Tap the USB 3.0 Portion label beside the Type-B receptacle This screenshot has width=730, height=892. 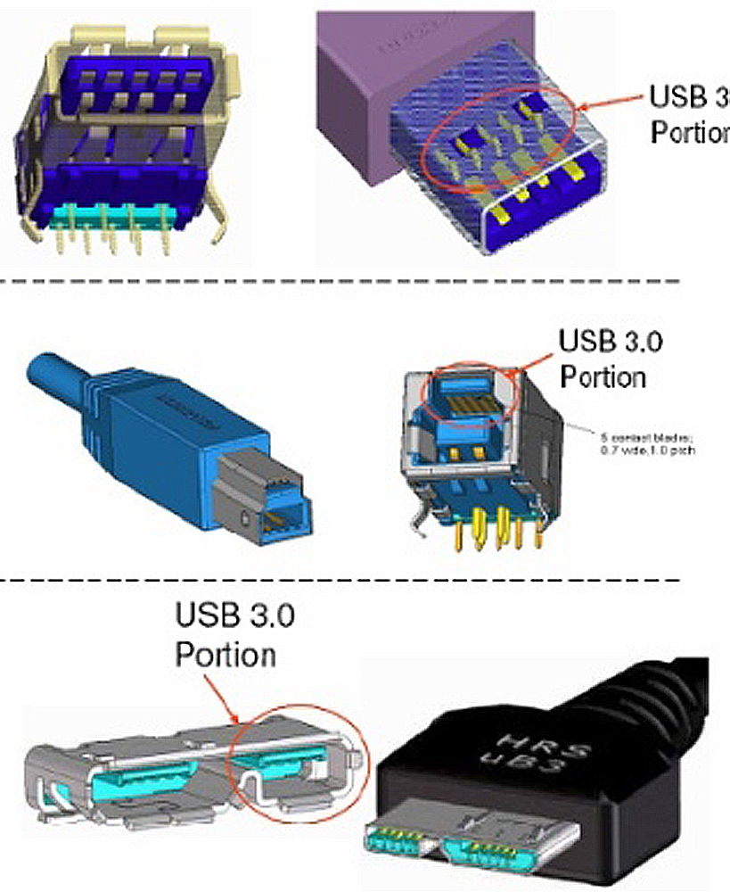[x=602, y=359]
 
